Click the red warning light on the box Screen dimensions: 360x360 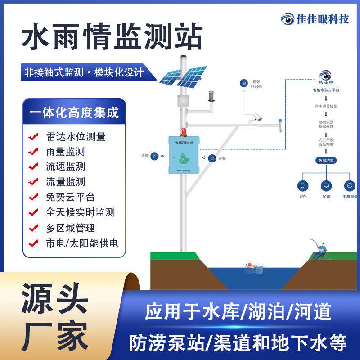tap(183, 132)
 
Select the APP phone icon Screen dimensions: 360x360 tap(303, 185)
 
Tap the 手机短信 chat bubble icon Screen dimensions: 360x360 tap(350, 185)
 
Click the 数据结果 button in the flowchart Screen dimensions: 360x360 tap(327, 160)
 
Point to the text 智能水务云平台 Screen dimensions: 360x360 tap(327, 90)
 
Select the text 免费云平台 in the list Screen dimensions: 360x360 tap(71, 197)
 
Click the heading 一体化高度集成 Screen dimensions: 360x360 tap(74, 112)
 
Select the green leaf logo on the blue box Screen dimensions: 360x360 tap(183, 158)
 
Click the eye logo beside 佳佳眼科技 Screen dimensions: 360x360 tap(287, 19)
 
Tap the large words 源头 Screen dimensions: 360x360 tap(54, 298)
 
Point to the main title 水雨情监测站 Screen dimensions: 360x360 tap(112, 37)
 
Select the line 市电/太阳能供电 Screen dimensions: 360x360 tap(82, 243)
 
